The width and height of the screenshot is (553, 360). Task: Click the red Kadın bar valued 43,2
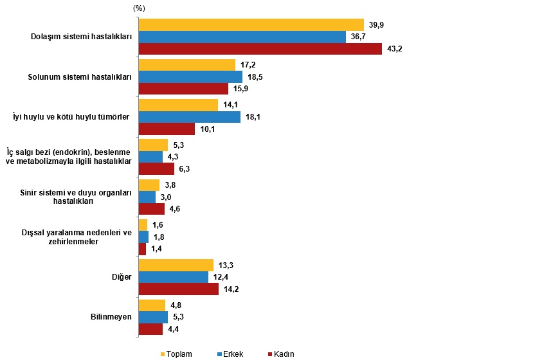coord(260,49)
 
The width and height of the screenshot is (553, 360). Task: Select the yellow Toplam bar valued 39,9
coord(251,24)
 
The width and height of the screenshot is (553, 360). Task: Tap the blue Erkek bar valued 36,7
coord(242,37)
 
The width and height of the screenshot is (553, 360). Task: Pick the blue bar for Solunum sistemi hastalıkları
coord(190,76)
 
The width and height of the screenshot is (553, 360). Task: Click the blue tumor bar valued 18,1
coord(189,116)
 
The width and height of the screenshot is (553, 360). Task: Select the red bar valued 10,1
coord(167,129)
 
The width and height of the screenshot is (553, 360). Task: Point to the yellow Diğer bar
coord(176,265)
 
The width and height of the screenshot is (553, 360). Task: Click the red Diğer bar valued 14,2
coord(178,289)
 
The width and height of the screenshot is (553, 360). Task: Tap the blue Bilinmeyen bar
coord(153,317)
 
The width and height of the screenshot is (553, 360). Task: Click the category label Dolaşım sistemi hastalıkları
coord(81,37)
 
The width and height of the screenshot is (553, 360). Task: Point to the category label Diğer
coord(122,277)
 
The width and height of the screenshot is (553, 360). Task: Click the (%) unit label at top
coord(139,8)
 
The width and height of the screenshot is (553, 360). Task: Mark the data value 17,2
coord(248,64)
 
